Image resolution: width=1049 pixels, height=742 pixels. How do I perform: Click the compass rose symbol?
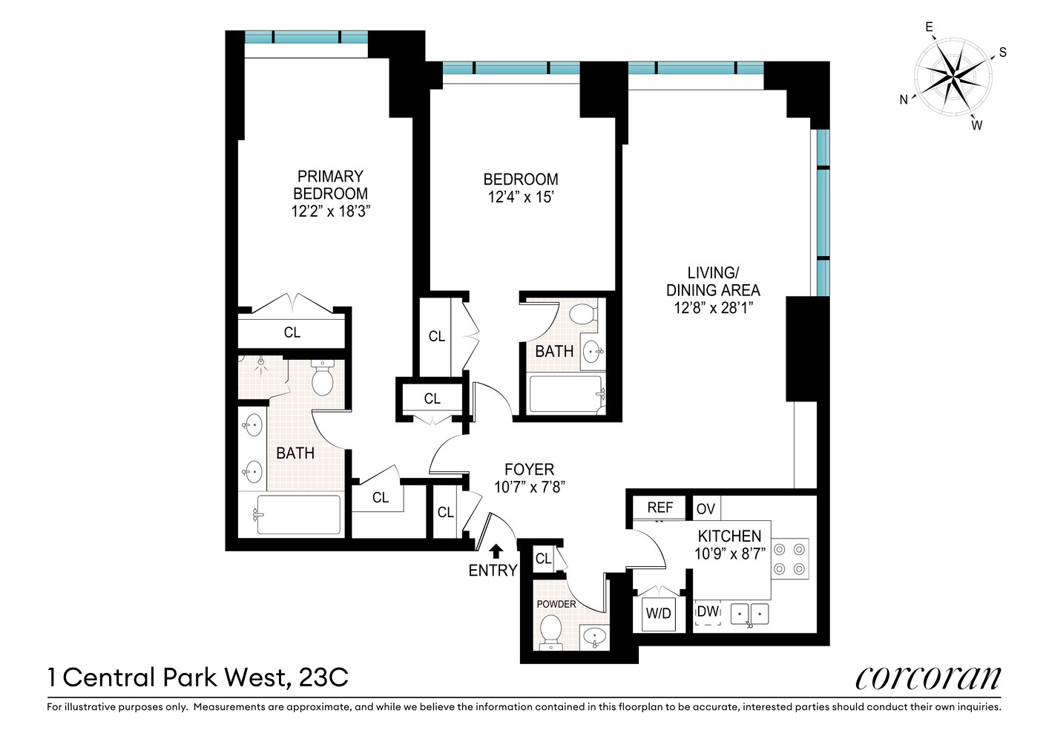tap(953, 74)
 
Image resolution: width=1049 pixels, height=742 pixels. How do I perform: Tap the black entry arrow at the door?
tap(496, 550)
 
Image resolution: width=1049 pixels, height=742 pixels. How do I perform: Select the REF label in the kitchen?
tap(660, 508)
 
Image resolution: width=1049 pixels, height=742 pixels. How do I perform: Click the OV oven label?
tap(706, 509)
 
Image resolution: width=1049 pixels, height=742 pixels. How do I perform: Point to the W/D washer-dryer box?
tap(658, 613)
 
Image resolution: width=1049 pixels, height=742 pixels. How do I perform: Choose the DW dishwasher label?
tap(708, 612)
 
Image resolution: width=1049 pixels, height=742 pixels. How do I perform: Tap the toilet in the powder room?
tap(550, 633)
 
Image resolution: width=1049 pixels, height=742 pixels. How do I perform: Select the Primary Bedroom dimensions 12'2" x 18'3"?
tap(330, 211)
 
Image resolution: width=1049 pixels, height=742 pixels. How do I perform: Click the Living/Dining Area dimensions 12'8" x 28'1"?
tap(713, 308)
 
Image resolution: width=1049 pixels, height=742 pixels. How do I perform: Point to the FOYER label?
tap(529, 470)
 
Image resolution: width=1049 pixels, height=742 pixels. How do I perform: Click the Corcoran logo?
tap(927, 677)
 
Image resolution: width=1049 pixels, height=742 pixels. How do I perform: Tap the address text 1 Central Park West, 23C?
tap(198, 677)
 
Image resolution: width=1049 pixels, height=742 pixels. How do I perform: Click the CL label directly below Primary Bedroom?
tap(292, 332)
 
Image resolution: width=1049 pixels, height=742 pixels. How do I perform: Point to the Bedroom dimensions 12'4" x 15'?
tap(520, 197)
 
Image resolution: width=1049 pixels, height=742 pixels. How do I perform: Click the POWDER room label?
tap(556, 604)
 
